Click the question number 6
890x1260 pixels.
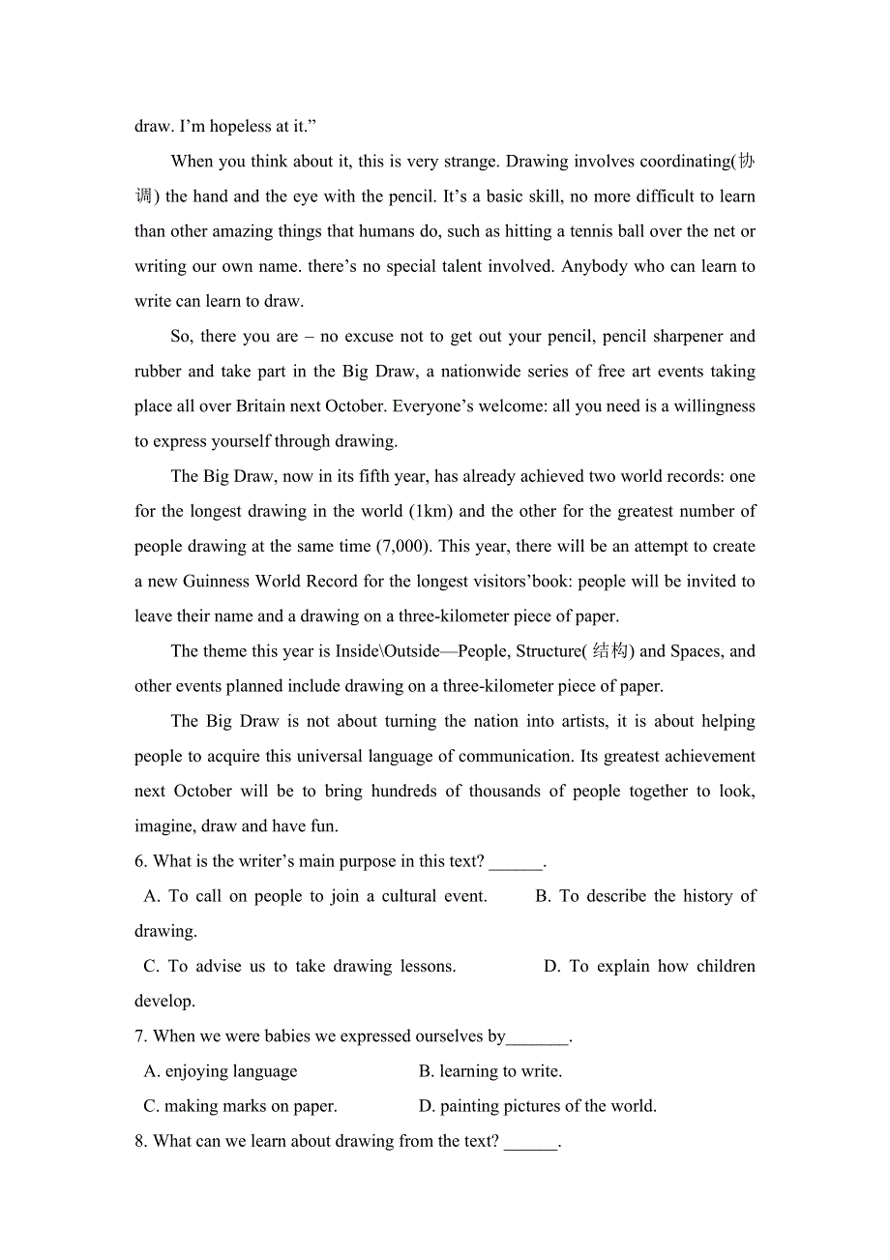[141, 861]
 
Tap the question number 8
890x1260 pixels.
[141, 1141]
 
